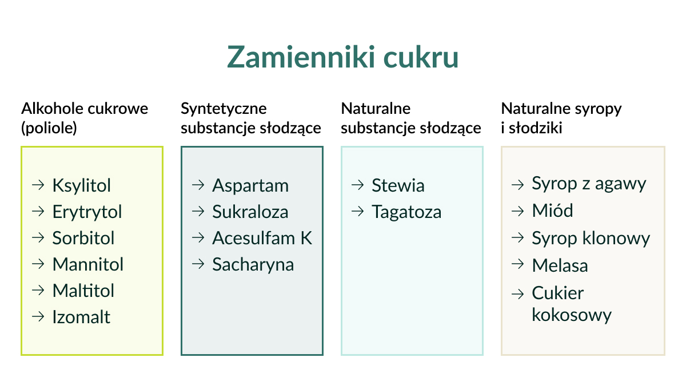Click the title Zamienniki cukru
pos(342,57)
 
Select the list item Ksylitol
pos(81,185)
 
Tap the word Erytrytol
pos(87,212)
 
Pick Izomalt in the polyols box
pos(81,317)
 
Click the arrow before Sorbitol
pos(38,238)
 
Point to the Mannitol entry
pos(88,264)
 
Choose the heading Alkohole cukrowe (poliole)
pos(85,118)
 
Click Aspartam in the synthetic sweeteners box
pos(250,186)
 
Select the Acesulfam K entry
pos(262,238)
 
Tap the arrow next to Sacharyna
pos(198,264)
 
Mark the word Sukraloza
pos(250,212)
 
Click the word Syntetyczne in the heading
pos(224,109)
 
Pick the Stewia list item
pos(398,185)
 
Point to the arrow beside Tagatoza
pos(358,212)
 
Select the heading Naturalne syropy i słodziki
pos(561,118)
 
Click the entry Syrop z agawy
pos(589,184)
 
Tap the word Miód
pos(552,211)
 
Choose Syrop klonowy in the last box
pos(591,238)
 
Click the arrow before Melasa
pos(518,264)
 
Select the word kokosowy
pos(572,315)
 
